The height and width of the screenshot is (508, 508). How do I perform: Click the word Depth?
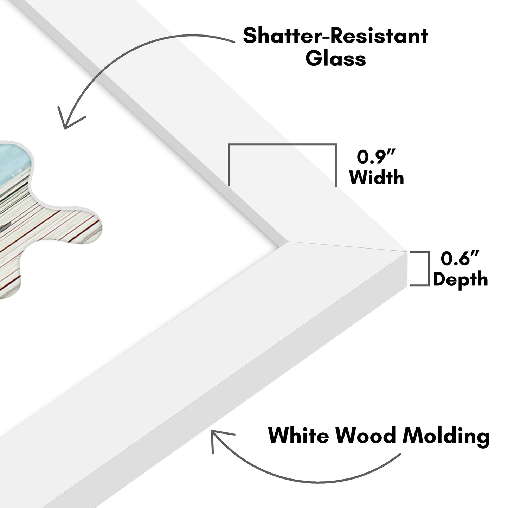460,279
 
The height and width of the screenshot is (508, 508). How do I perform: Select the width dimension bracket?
282,145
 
